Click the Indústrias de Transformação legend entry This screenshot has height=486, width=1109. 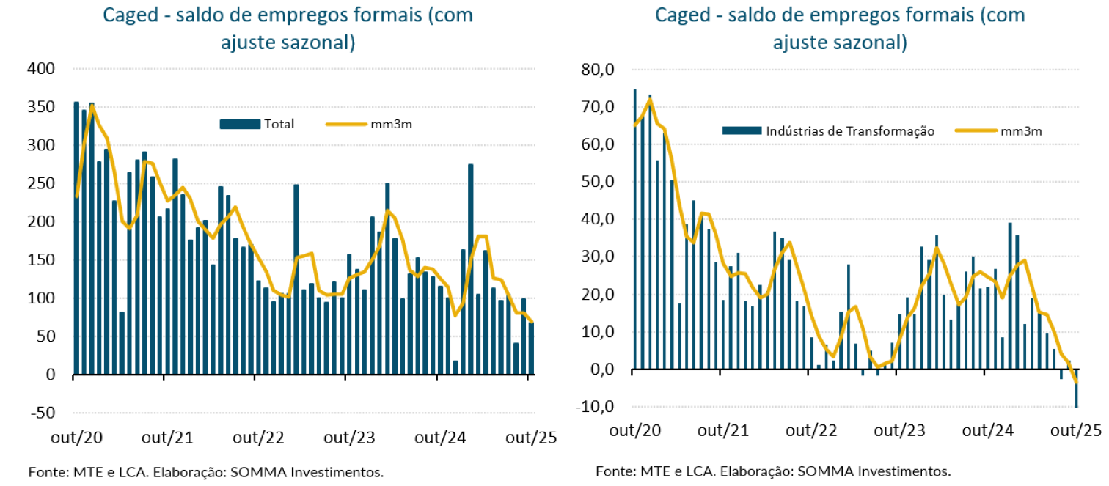(x=829, y=130)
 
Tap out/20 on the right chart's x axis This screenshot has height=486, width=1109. (x=634, y=431)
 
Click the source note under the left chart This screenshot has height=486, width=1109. (x=206, y=471)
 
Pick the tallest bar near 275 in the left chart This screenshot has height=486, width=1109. (x=470, y=269)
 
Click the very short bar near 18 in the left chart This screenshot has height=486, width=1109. (x=455, y=367)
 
